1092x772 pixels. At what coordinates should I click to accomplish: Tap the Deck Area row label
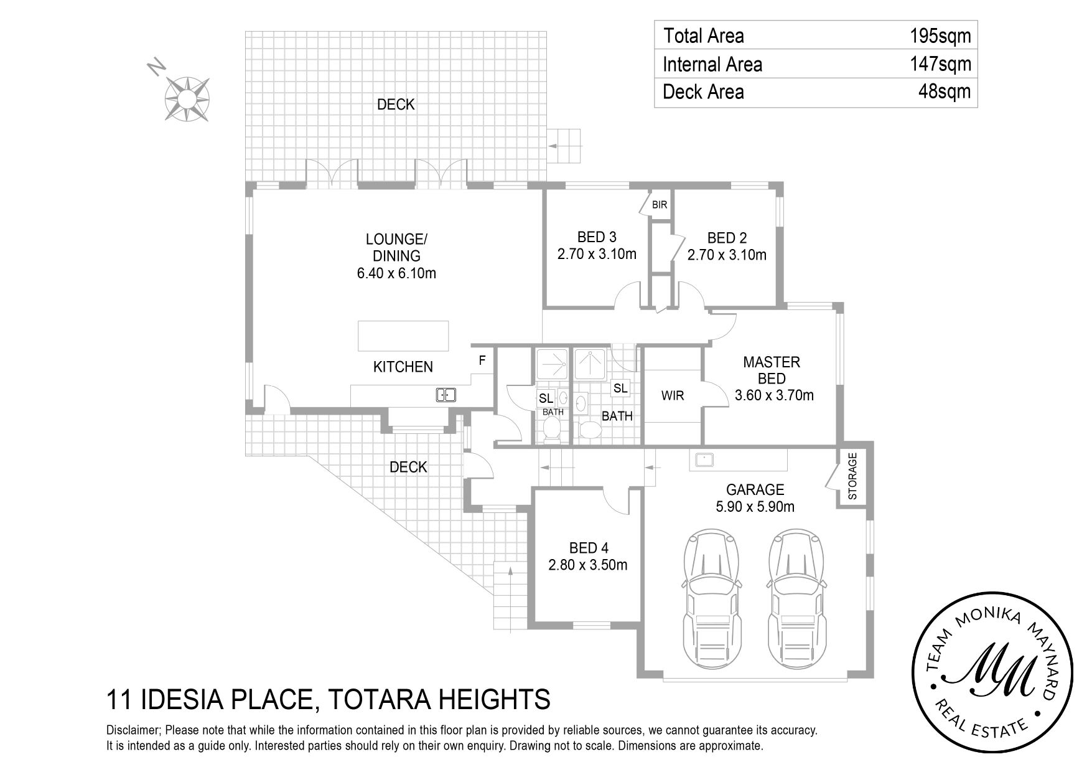point(703,92)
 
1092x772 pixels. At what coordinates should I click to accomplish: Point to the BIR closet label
point(659,205)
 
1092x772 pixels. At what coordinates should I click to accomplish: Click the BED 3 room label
point(597,237)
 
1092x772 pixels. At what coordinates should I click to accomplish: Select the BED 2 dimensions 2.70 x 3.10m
point(727,255)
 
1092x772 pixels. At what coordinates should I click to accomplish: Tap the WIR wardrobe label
point(673,396)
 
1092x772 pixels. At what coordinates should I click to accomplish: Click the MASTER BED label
point(772,370)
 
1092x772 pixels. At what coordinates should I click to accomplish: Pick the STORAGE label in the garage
point(852,476)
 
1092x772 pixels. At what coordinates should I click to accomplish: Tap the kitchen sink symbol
point(446,395)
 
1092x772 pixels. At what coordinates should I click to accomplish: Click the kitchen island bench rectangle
point(403,337)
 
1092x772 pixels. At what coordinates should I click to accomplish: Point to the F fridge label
point(482,360)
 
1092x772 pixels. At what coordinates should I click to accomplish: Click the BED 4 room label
point(589,548)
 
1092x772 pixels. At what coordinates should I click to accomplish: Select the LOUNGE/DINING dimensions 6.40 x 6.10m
point(396,273)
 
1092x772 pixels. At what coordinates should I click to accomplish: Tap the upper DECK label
point(396,105)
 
